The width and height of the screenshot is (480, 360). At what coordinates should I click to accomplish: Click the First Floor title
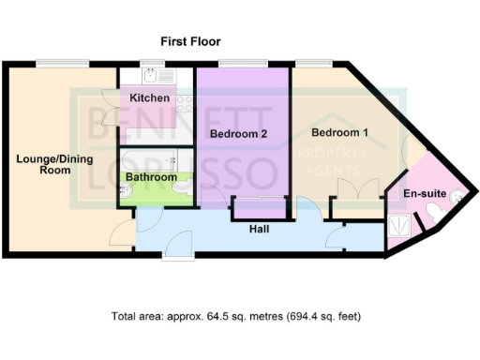[x=189, y=41]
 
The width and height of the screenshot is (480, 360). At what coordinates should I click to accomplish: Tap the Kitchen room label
[x=149, y=98]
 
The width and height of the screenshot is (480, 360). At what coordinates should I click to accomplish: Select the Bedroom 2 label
[x=239, y=134]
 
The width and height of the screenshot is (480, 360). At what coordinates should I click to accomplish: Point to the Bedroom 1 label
[x=339, y=132]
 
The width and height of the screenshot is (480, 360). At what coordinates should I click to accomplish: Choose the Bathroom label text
[x=152, y=176]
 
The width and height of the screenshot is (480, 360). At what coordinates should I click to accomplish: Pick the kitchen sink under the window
[x=150, y=76]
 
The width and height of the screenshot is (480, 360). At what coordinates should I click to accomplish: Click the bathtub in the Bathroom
[x=156, y=158]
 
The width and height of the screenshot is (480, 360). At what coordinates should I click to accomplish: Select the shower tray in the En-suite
[x=397, y=226]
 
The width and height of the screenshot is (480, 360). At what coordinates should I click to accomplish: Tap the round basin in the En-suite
[x=456, y=196]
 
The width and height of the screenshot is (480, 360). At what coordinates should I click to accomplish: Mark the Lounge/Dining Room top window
[x=50, y=64]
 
